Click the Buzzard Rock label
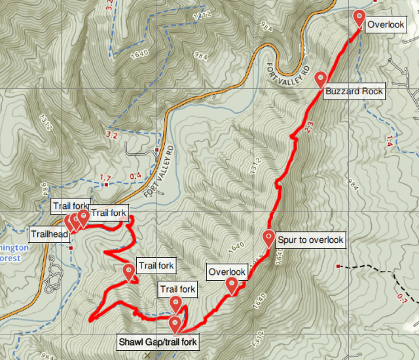pyautogui.click(x=354, y=92)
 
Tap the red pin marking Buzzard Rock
pyautogui.click(x=321, y=80)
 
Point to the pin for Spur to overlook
pyautogui.click(x=268, y=239)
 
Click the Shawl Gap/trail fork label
pyautogui.click(x=157, y=342)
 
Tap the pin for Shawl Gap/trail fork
pyautogui.click(x=175, y=325)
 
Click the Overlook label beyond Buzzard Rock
pyautogui.click(x=385, y=26)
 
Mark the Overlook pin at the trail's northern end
pyautogui.click(x=359, y=18)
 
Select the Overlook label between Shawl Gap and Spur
pyautogui.click(x=227, y=272)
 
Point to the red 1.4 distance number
pyautogui.click(x=390, y=138)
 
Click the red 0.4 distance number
pyautogui.click(x=136, y=176)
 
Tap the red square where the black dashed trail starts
pyautogui.click(x=338, y=266)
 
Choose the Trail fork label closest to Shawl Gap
pyautogui.click(x=177, y=289)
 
